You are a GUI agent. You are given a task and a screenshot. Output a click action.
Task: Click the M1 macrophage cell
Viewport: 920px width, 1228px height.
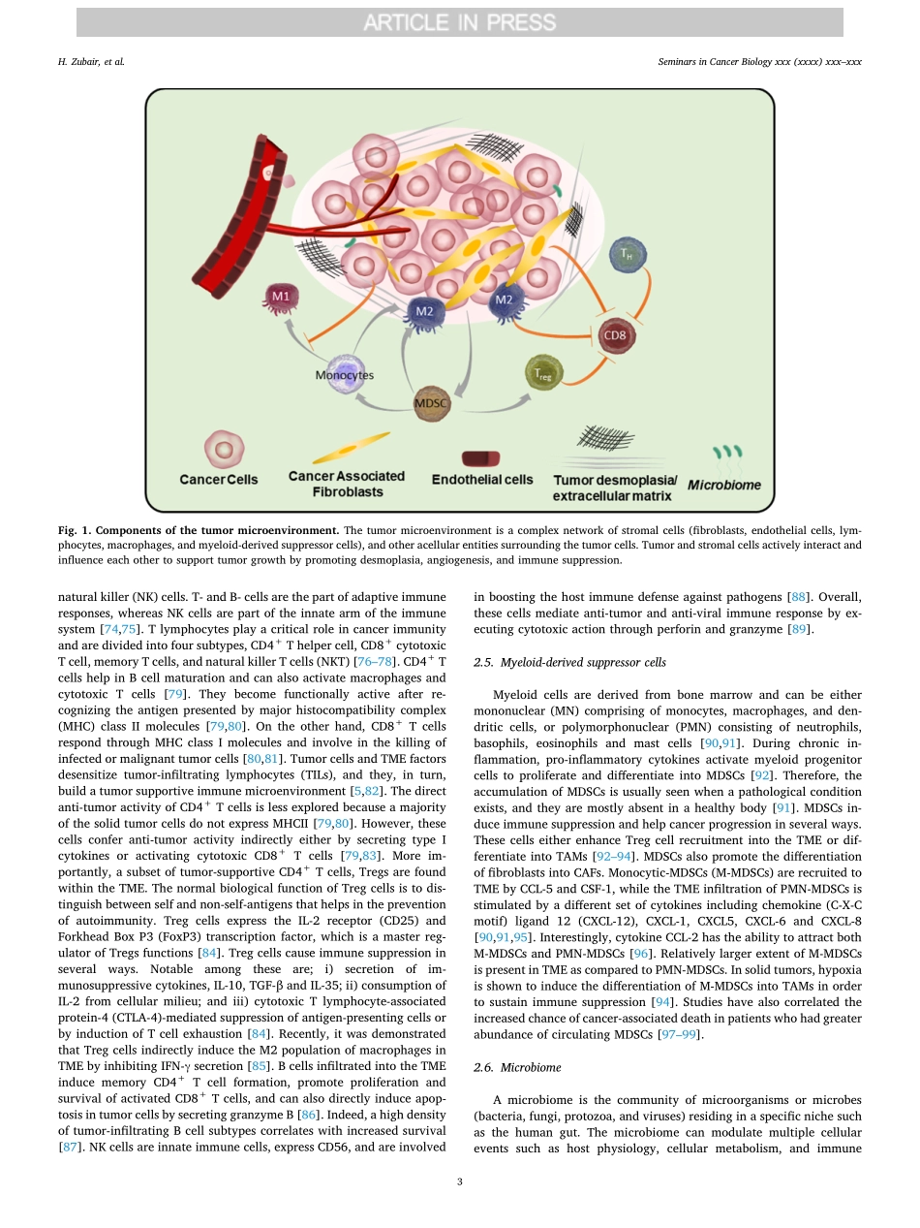coord(281,297)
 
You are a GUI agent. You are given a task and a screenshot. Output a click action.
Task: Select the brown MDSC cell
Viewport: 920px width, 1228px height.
coord(431,402)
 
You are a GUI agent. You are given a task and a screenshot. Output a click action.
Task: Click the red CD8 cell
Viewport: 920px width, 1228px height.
coord(616,336)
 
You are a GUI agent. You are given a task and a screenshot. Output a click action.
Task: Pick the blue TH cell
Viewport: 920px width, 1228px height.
coord(628,256)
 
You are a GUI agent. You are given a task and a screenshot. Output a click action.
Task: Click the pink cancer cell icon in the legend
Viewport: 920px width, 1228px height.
coord(224,450)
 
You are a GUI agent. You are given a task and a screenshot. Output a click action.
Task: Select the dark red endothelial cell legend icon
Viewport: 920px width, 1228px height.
coord(480,457)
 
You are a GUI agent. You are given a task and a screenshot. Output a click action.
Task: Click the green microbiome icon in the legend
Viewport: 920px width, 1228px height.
coord(727,453)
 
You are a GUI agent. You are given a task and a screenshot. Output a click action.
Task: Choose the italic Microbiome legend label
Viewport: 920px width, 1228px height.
coord(724,485)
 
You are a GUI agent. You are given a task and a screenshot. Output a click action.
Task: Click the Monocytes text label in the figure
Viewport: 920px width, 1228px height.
coord(344,375)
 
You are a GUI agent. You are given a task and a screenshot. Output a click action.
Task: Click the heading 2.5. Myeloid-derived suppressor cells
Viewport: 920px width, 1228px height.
coord(556,662)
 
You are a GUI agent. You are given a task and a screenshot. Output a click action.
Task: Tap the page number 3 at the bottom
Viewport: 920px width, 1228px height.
coord(459,1181)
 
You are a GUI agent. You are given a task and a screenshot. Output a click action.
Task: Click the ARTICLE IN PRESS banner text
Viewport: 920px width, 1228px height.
coord(459,22)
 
